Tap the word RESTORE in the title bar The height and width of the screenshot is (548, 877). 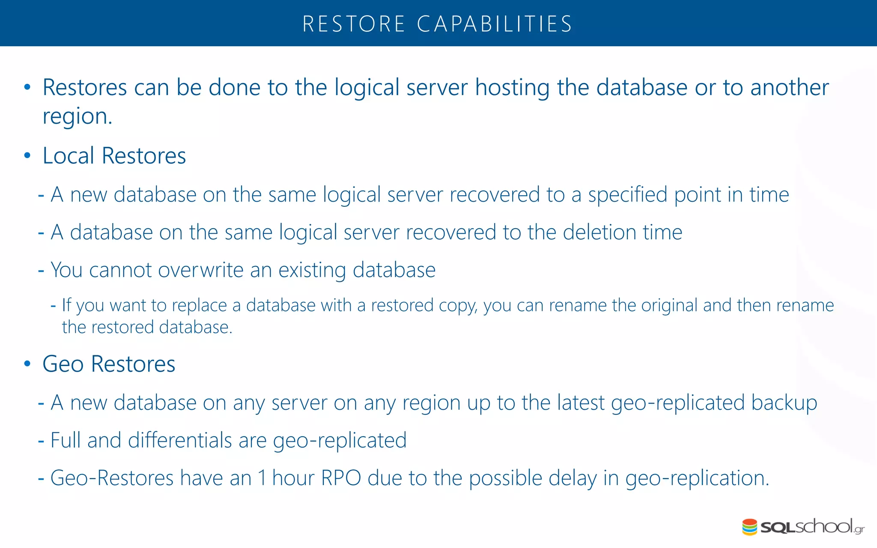pos(354,24)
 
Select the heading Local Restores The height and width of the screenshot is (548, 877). pos(114,155)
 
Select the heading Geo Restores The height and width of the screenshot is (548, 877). pos(109,364)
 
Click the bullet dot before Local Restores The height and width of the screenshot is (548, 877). pos(27,156)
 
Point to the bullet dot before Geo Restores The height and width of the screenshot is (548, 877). pos(27,364)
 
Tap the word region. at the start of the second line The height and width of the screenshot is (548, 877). pos(78,116)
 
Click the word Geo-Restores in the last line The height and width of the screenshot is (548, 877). pos(112,478)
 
